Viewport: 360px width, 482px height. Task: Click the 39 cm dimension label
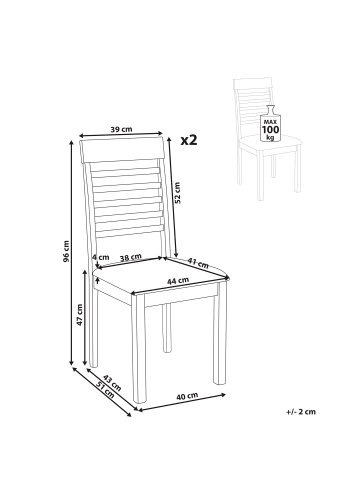(x=121, y=129)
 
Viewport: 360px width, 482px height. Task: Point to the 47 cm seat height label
(x=80, y=315)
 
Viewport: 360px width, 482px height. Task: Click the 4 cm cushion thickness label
(x=100, y=257)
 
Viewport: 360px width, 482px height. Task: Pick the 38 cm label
(x=131, y=257)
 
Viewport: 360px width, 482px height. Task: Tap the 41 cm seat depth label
(x=198, y=263)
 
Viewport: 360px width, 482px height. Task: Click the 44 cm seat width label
(x=178, y=281)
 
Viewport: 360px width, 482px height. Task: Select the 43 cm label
(x=112, y=383)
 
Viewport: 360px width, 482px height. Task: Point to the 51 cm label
(x=105, y=390)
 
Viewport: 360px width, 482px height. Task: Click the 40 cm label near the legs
(x=187, y=396)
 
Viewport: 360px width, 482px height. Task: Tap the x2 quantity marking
(x=189, y=140)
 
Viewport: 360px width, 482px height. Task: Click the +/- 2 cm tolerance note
(x=301, y=412)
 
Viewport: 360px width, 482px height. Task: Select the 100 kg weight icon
(x=270, y=124)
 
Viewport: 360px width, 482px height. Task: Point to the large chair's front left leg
(x=139, y=351)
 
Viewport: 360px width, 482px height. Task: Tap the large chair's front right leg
(x=220, y=334)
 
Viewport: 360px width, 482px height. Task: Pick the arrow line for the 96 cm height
(x=71, y=253)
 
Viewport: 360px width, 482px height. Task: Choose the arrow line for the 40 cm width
(x=182, y=402)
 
